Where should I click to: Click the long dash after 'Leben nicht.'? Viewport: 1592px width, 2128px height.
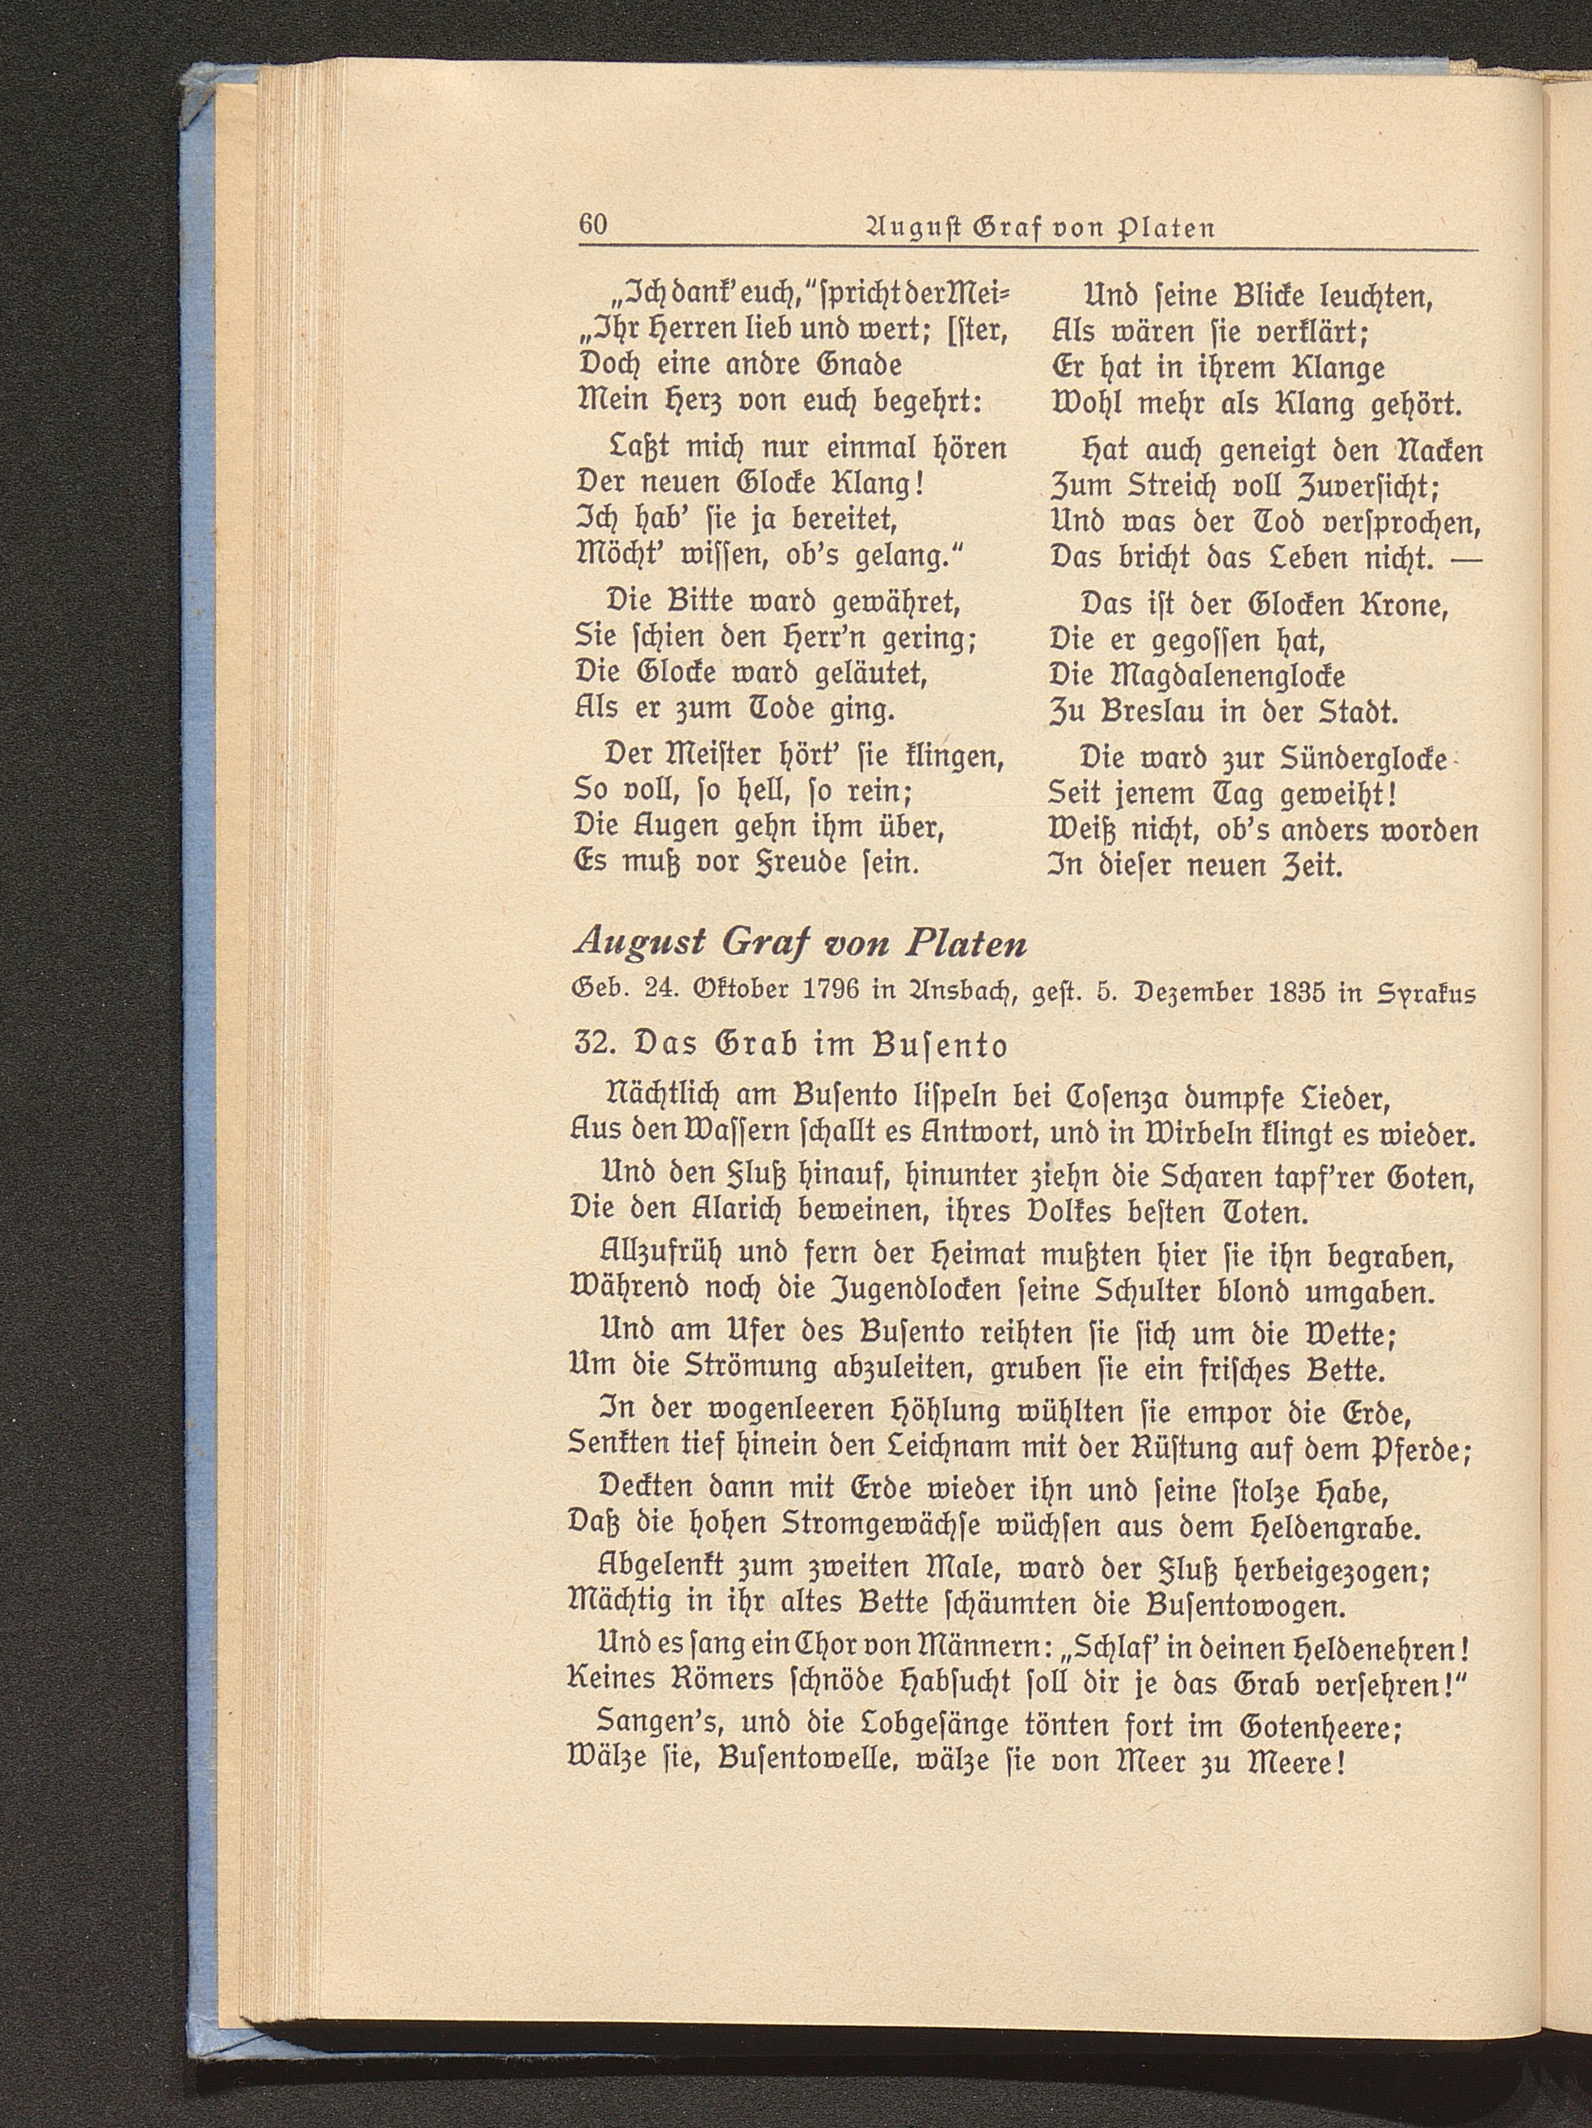tap(1466, 560)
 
